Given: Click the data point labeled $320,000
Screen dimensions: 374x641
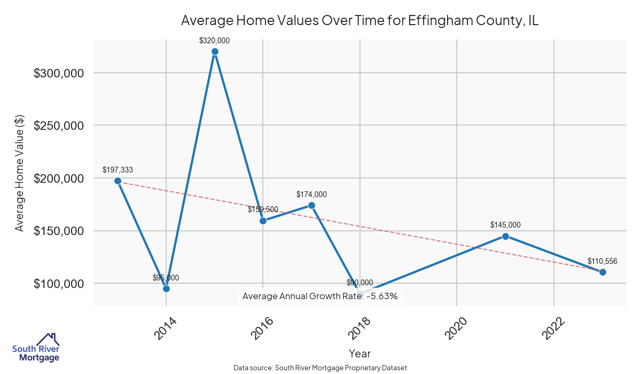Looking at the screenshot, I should [x=215, y=51].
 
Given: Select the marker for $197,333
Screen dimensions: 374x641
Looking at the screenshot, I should [x=118, y=181].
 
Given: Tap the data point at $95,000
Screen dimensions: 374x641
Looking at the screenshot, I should [x=166, y=289].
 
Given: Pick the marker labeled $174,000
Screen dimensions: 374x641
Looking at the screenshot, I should [x=311, y=205].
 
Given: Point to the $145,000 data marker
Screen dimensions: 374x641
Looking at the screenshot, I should [x=505, y=236].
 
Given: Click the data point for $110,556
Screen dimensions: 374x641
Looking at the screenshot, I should [x=603, y=272].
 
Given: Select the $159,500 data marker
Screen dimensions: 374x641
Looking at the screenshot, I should [x=263, y=221].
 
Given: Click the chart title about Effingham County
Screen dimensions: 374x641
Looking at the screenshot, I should [x=359, y=21].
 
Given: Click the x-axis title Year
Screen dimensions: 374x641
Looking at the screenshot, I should [x=359, y=353].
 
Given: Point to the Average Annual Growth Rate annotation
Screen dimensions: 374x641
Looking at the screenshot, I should [x=320, y=296].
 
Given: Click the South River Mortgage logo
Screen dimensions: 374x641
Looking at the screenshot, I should [x=36, y=348].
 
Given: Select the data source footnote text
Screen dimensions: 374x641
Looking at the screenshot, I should [x=320, y=368].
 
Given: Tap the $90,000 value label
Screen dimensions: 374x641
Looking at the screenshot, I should [x=360, y=283].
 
